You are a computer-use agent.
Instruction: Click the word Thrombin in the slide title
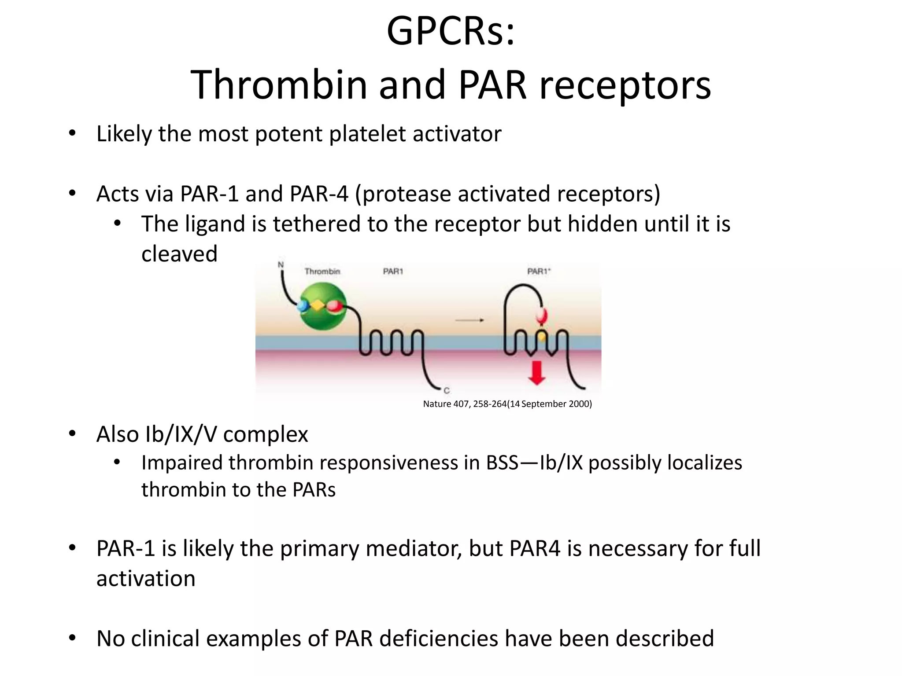[279, 85]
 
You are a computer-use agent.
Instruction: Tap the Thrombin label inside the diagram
[322, 272]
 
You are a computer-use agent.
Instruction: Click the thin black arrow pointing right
[469, 320]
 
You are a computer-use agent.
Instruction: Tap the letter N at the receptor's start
[281, 265]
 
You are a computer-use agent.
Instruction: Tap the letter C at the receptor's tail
[447, 390]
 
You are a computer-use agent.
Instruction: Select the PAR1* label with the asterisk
[539, 272]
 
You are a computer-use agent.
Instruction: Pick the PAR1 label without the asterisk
[393, 272]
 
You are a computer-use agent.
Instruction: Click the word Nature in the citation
[437, 404]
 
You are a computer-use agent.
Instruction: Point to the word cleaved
[179, 254]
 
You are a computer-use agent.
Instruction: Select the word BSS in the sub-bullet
[502, 463]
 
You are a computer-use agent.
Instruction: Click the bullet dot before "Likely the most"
[73, 133]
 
